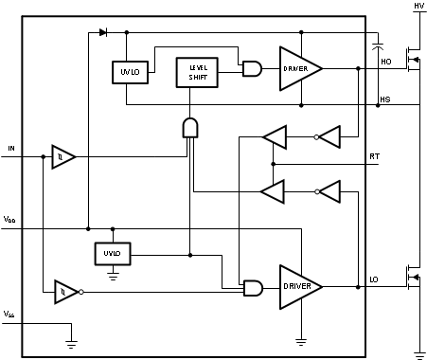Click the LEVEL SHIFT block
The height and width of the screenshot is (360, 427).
[x=197, y=72]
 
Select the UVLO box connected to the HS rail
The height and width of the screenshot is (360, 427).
[x=130, y=72]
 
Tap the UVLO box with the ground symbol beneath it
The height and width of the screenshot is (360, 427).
[x=113, y=254]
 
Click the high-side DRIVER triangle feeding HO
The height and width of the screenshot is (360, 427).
[x=301, y=68]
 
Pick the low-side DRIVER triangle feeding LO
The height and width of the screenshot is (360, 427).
[x=301, y=287]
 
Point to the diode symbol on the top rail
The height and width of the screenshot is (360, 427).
[x=103, y=32]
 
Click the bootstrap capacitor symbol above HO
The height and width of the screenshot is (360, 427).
[x=378, y=46]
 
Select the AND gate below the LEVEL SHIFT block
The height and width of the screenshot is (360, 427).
[x=190, y=128]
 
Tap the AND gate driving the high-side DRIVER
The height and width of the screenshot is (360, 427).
[x=252, y=68]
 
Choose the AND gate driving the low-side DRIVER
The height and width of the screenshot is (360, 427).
[x=253, y=288]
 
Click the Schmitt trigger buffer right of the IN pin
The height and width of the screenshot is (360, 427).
[x=63, y=156]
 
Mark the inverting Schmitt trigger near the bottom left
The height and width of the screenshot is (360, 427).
[x=69, y=292]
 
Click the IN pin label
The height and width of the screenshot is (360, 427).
[x=11, y=148]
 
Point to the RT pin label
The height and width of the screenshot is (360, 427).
[x=375, y=156]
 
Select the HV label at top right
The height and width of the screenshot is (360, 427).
[x=419, y=6]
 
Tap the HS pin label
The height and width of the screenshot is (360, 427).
[x=385, y=99]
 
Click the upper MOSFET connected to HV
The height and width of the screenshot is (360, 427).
[x=414, y=60]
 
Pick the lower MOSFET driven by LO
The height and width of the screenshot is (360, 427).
[x=414, y=278]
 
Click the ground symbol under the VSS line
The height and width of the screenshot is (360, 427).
[x=71, y=344]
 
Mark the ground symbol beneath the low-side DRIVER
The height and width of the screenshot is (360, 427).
[x=301, y=342]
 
